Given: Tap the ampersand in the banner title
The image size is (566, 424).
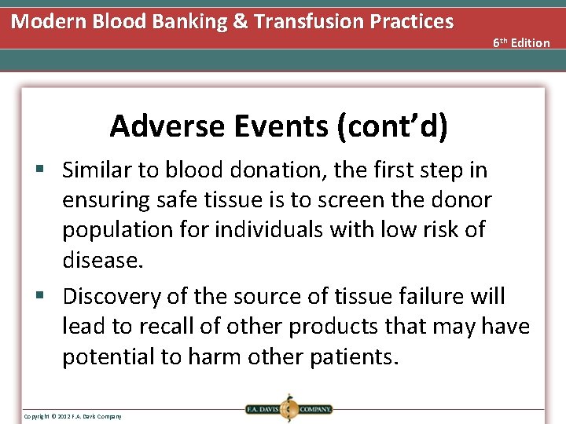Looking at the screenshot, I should (240, 21).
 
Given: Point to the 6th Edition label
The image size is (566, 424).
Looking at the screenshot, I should (521, 42).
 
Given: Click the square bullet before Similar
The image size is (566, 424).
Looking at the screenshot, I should (47, 170).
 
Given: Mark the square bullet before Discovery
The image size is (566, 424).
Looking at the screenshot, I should (47, 297).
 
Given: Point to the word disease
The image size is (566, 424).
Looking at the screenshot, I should (103, 260).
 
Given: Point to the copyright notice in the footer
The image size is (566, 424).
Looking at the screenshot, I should (72, 415).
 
